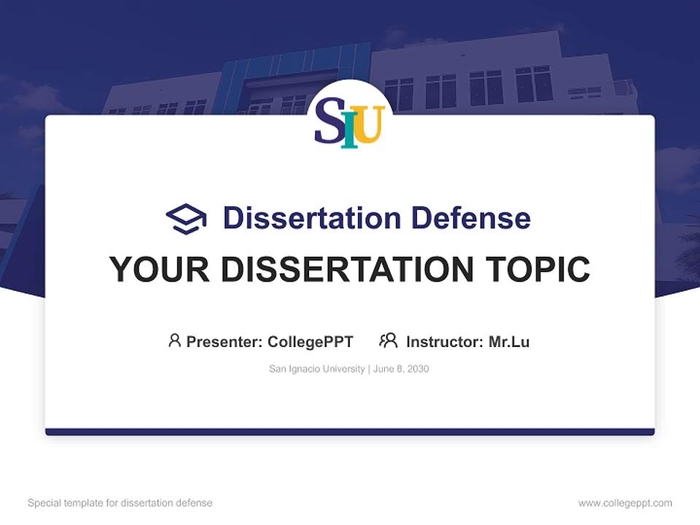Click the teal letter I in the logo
pyautogui.click(x=350, y=128)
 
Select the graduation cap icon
pyautogui.click(x=186, y=218)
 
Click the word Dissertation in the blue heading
pyautogui.click(x=312, y=217)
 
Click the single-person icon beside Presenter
pyautogui.click(x=174, y=341)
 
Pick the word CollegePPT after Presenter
pyautogui.click(x=311, y=341)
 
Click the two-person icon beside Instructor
pyautogui.click(x=388, y=341)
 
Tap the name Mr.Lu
pyautogui.click(x=509, y=341)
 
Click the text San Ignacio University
pyautogui.click(x=316, y=369)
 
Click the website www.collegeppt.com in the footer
pyautogui.click(x=625, y=503)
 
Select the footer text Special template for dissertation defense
pyautogui.click(x=120, y=503)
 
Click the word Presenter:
pyautogui.click(x=225, y=341)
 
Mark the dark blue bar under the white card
pyautogui.click(x=350, y=432)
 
